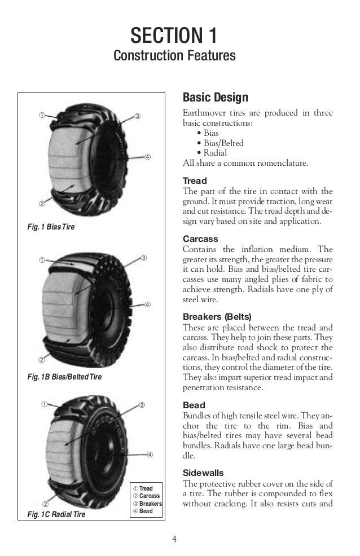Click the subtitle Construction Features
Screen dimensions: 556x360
click(x=174, y=56)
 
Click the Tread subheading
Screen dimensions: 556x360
click(x=195, y=181)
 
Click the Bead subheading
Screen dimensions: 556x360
click(x=194, y=405)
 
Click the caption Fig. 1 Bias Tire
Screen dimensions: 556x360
click(x=51, y=227)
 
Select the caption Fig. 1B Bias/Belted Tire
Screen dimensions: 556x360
click(x=64, y=376)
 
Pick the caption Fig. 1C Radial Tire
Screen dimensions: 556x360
click(x=56, y=514)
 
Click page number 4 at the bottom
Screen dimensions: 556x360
click(x=174, y=539)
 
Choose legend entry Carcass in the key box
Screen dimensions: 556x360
click(x=146, y=496)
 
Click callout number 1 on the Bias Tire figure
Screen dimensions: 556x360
click(x=41, y=116)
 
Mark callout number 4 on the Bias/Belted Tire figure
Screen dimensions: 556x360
click(x=147, y=305)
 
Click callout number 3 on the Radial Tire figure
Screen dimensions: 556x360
click(x=142, y=405)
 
